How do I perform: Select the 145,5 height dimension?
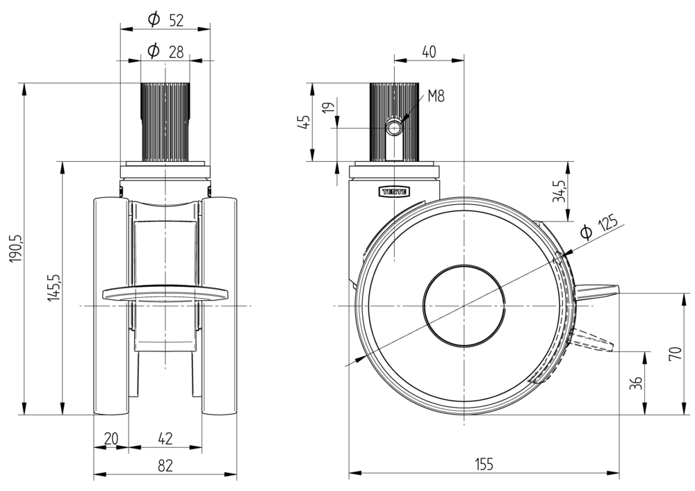(x=55, y=287)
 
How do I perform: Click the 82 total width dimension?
(x=165, y=466)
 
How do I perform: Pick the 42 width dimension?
(x=165, y=439)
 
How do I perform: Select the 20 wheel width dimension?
(x=111, y=439)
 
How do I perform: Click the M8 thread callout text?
(x=436, y=97)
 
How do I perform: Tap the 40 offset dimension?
(x=428, y=51)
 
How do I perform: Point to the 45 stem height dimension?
(x=303, y=122)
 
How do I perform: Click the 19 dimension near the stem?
(x=329, y=108)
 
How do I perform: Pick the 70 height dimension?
(x=675, y=353)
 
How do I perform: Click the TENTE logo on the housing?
(x=394, y=190)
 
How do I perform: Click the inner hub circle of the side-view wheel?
(x=464, y=306)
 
